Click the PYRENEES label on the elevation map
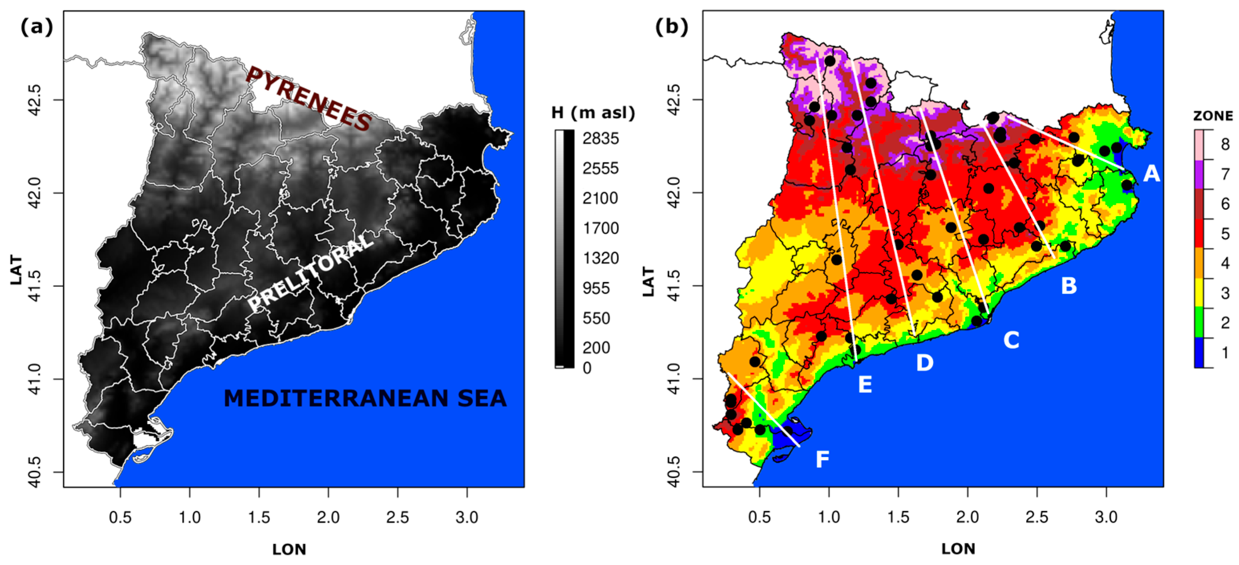(x=309, y=99)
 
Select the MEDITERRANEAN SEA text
(x=365, y=399)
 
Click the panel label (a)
(x=36, y=27)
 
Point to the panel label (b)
(x=671, y=27)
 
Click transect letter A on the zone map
(x=1152, y=173)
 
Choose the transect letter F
(x=823, y=460)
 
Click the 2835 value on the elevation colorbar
(x=601, y=139)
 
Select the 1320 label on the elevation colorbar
(x=601, y=258)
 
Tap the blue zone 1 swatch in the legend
(x=1199, y=353)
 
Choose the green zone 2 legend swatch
(x=1199, y=323)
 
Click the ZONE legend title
(x=1213, y=116)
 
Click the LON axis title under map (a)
(x=289, y=549)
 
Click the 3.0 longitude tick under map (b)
(x=1106, y=517)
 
